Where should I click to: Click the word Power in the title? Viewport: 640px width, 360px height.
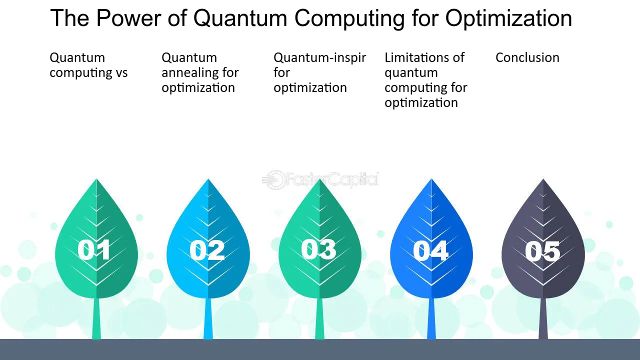[129, 18]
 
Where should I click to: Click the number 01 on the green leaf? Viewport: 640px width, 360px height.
[93, 250]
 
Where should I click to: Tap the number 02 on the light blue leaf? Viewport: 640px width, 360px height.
[207, 250]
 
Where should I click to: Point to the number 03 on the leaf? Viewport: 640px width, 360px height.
[318, 249]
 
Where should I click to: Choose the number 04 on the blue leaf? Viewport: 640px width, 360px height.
[430, 250]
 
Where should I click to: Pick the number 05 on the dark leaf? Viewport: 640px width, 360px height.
[542, 251]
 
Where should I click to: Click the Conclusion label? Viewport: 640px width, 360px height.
[527, 57]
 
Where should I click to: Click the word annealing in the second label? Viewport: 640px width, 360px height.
[187, 73]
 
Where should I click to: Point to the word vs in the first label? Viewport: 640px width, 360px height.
[121, 73]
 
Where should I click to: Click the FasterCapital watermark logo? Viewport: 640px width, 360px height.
[320, 179]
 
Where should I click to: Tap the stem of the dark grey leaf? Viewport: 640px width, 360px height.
[543, 318]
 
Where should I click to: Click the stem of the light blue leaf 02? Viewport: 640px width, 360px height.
[208, 318]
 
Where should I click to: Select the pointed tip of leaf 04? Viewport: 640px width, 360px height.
[431, 179]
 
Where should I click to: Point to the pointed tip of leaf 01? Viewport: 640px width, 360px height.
[96, 179]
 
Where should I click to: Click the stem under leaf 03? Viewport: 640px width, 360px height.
[319, 318]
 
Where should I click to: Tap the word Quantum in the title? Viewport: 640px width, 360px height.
[240, 18]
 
